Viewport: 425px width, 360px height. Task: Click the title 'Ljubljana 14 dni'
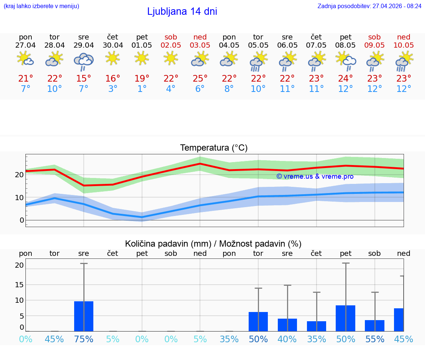coord(182,11)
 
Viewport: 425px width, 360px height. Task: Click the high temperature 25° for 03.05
coord(200,79)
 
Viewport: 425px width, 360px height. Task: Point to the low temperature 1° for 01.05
coord(142,89)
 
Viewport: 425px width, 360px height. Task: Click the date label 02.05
coord(171,45)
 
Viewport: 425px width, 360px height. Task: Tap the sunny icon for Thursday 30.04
coord(113,58)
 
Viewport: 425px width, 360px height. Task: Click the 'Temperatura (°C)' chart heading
coord(214,148)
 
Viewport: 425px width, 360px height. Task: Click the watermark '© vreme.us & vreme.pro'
coord(315,176)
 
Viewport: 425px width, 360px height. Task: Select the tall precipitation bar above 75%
coord(84,316)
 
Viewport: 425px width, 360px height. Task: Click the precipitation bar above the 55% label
coord(375,325)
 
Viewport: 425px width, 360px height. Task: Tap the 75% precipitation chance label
coord(84,339)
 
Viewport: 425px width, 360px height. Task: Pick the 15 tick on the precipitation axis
coord(19,285)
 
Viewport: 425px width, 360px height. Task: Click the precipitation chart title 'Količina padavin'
coord(213,244)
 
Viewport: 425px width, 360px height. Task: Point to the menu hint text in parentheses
coord(41,6)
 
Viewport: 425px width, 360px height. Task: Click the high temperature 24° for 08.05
coord(346,79)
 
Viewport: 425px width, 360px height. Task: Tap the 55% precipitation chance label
coord(375,339)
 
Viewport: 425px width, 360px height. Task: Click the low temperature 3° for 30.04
coord(113,89)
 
